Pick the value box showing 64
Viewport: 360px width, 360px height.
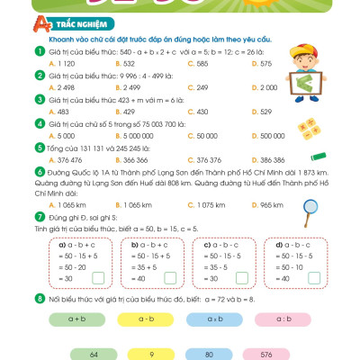pos(93,355)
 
